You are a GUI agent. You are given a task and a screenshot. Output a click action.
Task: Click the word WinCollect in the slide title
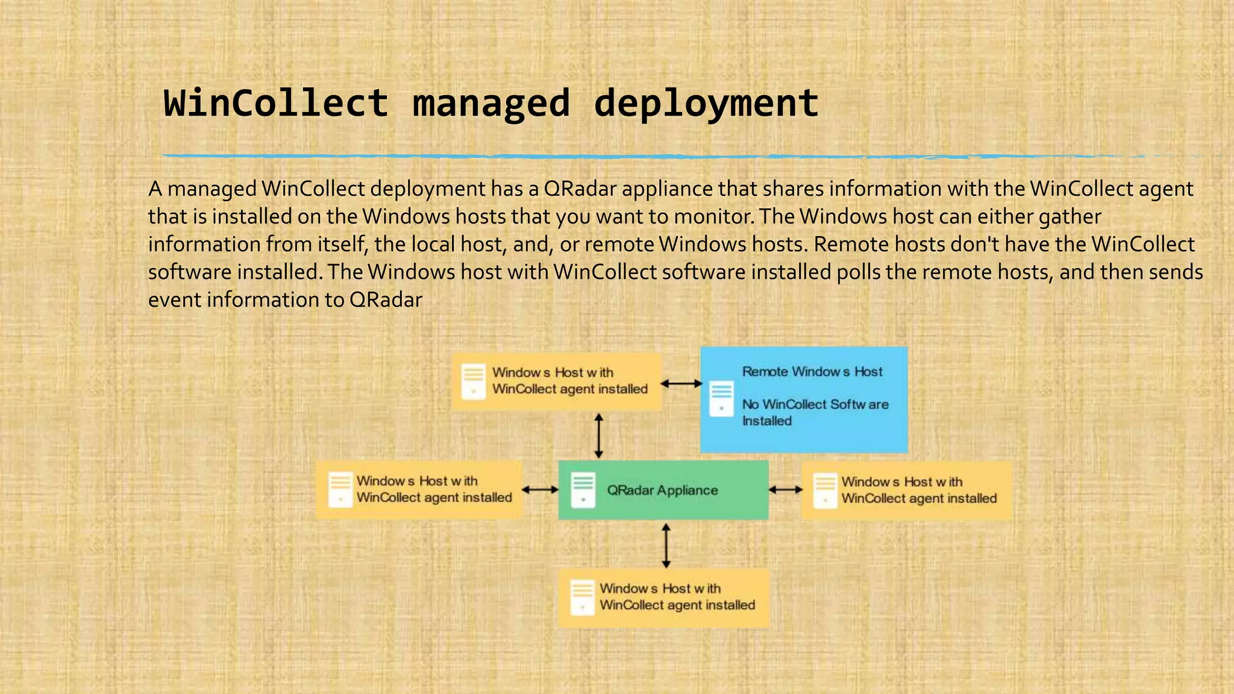[x=276, y=103]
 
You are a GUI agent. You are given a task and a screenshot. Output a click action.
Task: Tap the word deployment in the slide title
[x=706, y=103]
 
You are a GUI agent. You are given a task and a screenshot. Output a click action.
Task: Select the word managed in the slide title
[x=491, y=103]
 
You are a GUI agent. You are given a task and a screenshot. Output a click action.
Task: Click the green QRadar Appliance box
[x=663, y=490]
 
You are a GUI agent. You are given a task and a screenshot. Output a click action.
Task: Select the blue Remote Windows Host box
[x=804, y=399]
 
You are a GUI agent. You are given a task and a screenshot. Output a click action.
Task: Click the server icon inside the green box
[x=583, y=490]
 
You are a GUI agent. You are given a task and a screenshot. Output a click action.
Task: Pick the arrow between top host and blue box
[x=681, y=383]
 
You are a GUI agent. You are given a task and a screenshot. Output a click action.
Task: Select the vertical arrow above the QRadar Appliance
[x=598, y=435]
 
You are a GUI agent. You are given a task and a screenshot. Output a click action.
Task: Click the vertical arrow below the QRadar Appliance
[x=666, y=545]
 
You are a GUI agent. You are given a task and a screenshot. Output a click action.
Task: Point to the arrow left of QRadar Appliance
[x=540, y=490]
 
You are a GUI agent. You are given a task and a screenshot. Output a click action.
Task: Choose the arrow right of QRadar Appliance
[x=785, y=490]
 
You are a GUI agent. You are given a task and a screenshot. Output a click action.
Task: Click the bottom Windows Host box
[x=664, y=598]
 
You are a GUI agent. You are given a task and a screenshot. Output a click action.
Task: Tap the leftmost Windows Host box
[x=419, y=490]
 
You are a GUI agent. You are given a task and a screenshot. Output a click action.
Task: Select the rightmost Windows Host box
[x=907, y=490]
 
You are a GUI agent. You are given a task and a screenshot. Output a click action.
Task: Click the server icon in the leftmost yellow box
[x=340, y=489]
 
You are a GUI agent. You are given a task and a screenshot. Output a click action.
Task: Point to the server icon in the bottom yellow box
[x=582, y=597]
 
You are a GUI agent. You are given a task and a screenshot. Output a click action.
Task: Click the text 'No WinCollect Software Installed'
[x=815, y=412]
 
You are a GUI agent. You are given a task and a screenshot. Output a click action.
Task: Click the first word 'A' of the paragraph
[x=155, y=189]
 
